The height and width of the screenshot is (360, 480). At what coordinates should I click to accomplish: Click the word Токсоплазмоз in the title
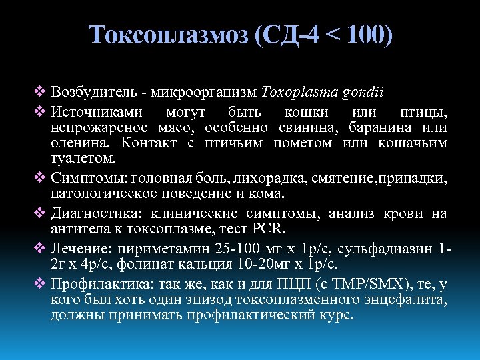(169, 35)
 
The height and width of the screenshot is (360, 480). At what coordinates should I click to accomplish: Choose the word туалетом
(83, 159)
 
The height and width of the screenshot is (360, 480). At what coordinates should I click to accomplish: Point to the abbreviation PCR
(269, 229)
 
